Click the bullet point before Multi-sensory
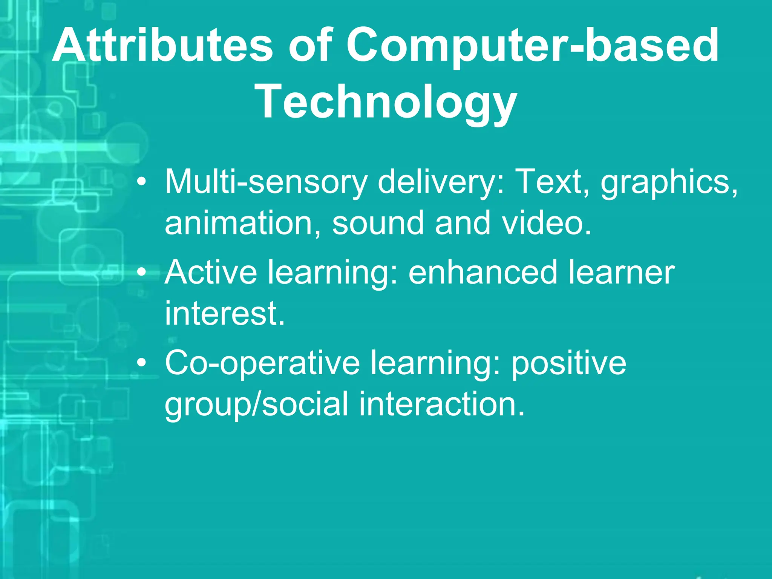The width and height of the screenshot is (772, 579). pyautogui.click(x=141, y=182)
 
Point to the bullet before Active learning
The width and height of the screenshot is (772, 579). pyautogui.click(x=141, y=272)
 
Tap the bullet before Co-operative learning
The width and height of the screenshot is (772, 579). pyautogui.click(x=141, y=363)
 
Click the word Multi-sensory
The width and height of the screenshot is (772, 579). pyautogui.click(x=266, y=182)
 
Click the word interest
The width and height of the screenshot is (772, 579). pyautogui.click(x=225, y=314)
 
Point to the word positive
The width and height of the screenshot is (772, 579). pyautogui.click(x=569, y=363)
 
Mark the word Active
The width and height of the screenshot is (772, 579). pyautogui.click(x=211, y=272)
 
